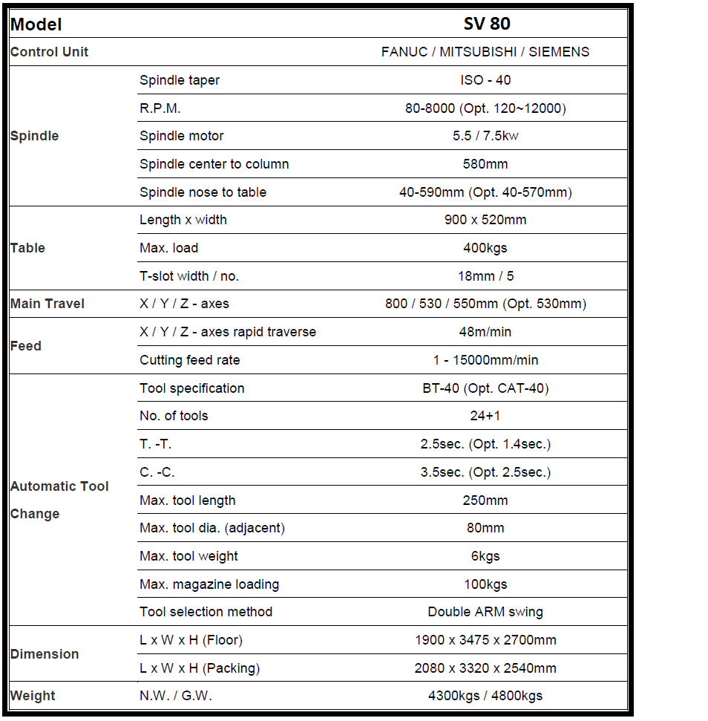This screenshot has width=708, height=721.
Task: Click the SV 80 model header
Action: [486, 24]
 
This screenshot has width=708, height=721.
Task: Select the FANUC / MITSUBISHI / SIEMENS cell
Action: [485, 52]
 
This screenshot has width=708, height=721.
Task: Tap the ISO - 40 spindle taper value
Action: [485, 80]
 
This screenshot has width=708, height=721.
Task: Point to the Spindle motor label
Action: [181, 136]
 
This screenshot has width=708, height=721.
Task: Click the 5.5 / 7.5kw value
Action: [485, 136]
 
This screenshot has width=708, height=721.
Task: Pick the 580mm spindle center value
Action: [485, 164]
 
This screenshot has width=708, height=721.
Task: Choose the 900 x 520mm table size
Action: [485, 220]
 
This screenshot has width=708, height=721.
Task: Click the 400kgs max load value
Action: [485, 248]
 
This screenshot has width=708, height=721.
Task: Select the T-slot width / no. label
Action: [189, 276]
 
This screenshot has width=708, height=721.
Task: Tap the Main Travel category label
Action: [47, 304]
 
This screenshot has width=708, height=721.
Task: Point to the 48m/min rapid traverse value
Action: [485, 332]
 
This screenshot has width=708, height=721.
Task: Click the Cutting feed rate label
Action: [189, 360]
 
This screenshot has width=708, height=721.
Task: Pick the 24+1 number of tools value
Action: [485, 416]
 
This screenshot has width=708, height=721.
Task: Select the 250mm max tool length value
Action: [485, 500]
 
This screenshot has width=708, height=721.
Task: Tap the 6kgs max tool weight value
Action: [485, 556]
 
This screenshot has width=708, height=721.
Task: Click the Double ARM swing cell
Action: [485, 612]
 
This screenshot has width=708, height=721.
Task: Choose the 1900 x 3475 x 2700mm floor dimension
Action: [485, 640]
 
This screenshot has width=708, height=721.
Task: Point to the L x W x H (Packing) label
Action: [200, 668]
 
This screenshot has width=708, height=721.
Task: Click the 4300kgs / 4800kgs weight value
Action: [485, 696]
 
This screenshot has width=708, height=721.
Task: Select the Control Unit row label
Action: [49, 52]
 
